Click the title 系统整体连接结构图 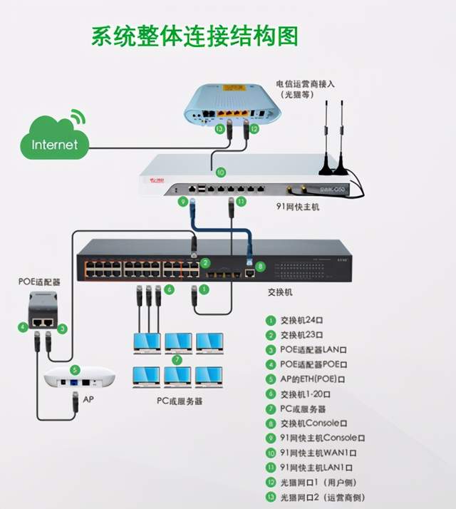(194, 36)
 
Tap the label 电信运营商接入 (305, 83)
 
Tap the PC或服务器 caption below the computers (179, 401)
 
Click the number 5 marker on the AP (74, 370)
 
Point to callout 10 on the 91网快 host (220, 172)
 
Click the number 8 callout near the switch (261, 267)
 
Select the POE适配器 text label (40, 282)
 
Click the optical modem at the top (228, 105)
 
